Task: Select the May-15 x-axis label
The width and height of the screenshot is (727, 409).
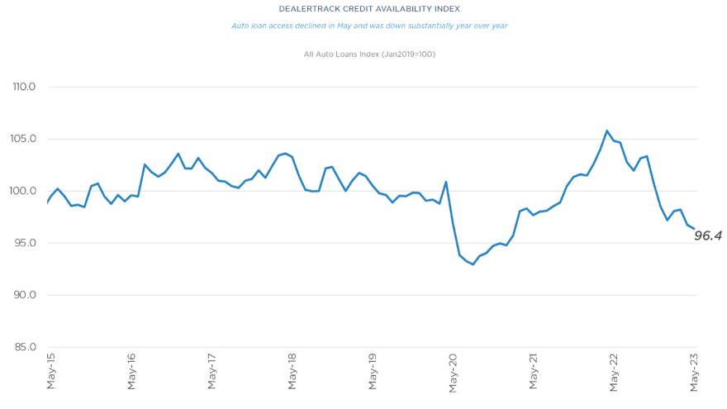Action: point(50,372)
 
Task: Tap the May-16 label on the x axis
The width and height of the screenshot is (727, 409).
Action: point(131,372)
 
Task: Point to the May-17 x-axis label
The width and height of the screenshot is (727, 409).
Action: point(211,372)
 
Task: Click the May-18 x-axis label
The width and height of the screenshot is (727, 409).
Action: point(292,372)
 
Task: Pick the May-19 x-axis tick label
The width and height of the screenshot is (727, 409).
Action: point(373,372)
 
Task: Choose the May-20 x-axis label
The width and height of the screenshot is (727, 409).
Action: point(454,372)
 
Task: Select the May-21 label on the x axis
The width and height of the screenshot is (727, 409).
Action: point(534,372)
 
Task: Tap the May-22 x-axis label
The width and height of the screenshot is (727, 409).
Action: point(615,372)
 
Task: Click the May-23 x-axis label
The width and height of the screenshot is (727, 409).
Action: point(696,372)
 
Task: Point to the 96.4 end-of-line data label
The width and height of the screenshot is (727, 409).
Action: point(709,235)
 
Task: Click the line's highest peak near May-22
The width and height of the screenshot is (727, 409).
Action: point(607,131)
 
